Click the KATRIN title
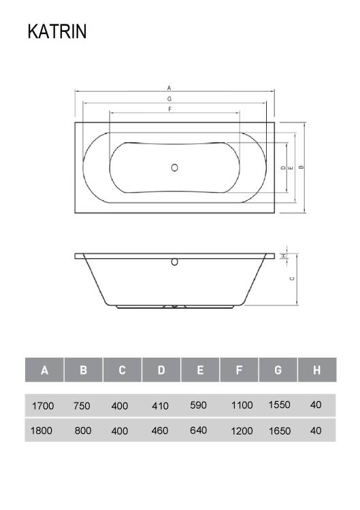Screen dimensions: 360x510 (57, 31)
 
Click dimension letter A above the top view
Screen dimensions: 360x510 (169, 88)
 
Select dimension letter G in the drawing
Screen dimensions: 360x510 (169, 99)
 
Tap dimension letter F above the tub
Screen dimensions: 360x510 (169, 109)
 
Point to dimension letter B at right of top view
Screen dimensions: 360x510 (301, 167)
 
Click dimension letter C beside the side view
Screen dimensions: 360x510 (292, 278)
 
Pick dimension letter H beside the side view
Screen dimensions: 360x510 (284, 256)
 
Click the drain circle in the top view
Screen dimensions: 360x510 (174, 167)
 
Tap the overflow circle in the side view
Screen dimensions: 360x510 (174, 262)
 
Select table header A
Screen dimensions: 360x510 (45, 370)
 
